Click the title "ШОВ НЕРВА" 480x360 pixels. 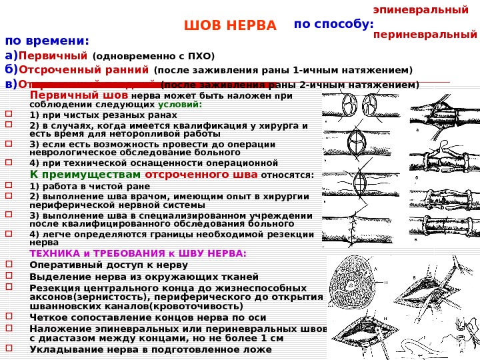coord(229,26)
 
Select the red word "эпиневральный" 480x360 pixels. coord(420,10)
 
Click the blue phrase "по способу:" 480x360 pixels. coord(333,24)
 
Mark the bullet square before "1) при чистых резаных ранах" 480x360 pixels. coord(9,113)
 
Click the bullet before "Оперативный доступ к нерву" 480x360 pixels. coord(9,264)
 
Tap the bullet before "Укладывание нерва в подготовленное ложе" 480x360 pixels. coord(9,347)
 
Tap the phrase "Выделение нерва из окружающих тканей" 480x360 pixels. coord(144,277)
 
